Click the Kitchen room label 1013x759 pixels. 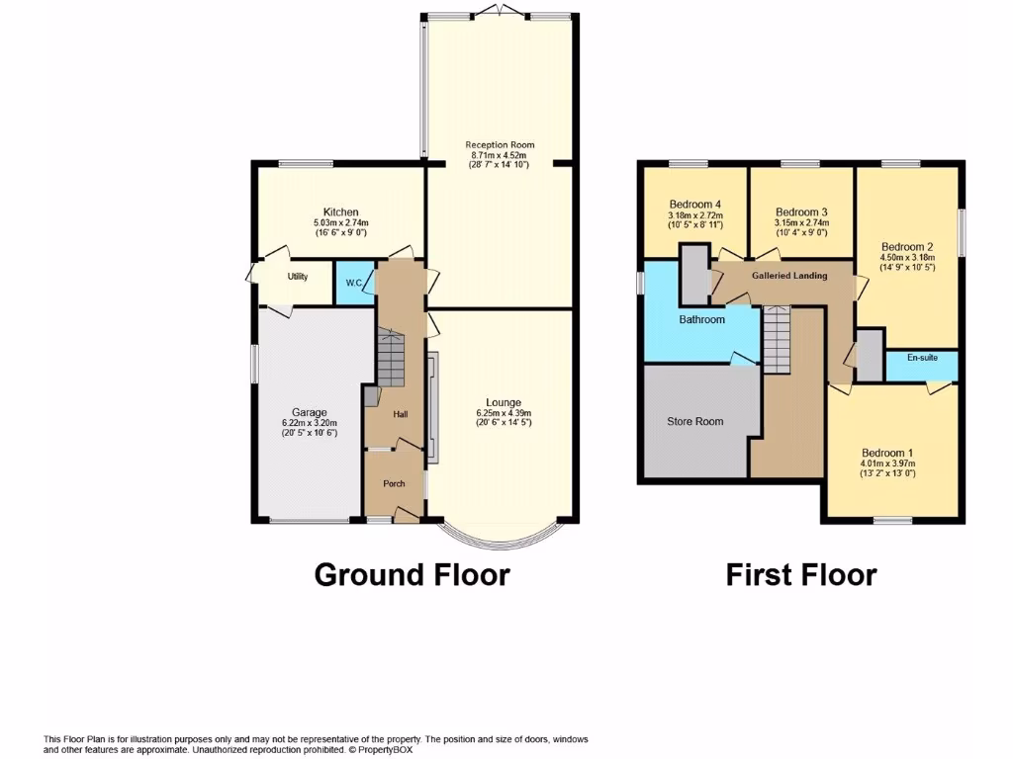click(340, 212)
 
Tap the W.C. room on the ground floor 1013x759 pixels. click(354, 284)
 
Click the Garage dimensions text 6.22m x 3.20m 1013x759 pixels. click(309, 423)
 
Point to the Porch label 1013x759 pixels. click(394, 484)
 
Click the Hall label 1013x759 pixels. click(401, 414)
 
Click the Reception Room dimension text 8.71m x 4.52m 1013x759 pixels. click(499, 155)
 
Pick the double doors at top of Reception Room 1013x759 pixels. click(500, 11)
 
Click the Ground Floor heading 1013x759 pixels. click(412, 574)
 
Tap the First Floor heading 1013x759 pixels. click(800, 574)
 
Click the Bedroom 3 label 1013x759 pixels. click(801, 212)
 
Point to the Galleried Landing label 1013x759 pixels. click(789, 276)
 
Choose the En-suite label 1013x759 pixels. click(921, 358)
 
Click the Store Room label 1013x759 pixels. click(694, 422)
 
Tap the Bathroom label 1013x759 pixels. click(701, 320)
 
